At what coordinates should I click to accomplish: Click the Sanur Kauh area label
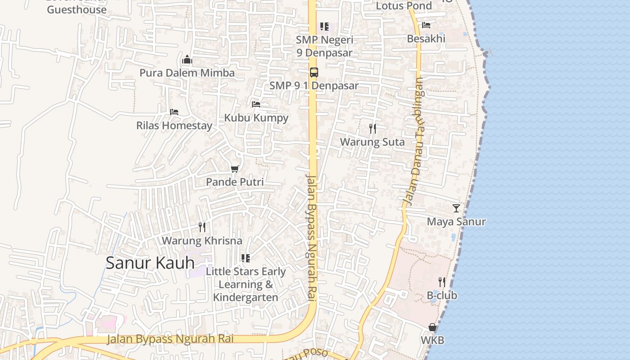[150, 263]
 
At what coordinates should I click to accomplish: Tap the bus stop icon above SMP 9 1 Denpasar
[314, 72]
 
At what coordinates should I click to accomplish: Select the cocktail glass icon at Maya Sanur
[456, 208]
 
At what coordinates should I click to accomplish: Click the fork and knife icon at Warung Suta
[373, 129]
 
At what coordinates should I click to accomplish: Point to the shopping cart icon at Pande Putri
[234, 169]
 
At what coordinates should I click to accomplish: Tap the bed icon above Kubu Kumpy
[256, 104]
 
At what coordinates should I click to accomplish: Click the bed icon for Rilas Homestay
[174, 112]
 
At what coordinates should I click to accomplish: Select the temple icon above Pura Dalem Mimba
[187, 59]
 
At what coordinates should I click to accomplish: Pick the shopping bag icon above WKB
[432, 327]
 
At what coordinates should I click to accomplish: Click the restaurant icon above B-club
[442, 282]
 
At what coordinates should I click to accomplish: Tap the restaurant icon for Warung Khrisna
[202, 227]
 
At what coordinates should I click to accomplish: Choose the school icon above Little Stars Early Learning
[245, 258]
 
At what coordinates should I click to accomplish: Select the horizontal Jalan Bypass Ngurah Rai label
[170, 339]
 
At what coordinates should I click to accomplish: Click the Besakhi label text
[426, 39]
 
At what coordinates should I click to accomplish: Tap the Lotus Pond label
[404, 6]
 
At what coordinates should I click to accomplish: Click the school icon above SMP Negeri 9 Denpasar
[324, 27]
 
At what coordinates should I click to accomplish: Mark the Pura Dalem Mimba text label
[187, 73]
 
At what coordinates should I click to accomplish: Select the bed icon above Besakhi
[426, 25]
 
